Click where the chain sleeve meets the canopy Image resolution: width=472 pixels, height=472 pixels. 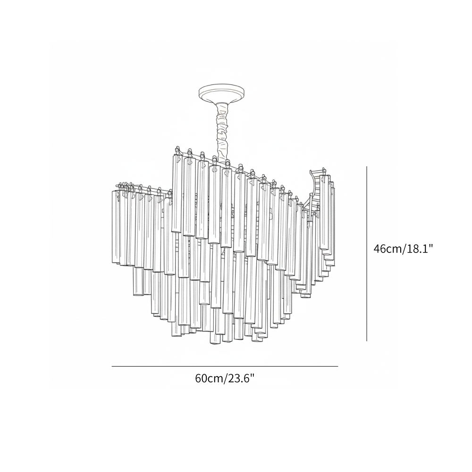point(223,102)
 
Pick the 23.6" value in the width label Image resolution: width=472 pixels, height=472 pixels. point(240,378)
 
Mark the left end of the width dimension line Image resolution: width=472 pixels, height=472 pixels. point(112,366)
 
